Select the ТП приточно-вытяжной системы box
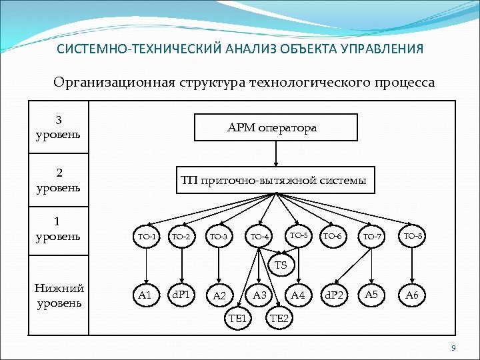[x=274, y=180]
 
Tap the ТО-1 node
[x=146, y=237]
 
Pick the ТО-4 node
[x=259, y=237]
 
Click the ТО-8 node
[x=413, y=236]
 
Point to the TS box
[x=281, y=265]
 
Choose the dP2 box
[x=334, y=295]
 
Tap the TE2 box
[x=279, y=319]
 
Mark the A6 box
[x=413, y=295]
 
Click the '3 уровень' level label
[x=59, y=128]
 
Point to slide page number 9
[x=453, y=349]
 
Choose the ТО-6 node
[x=332, y=237]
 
